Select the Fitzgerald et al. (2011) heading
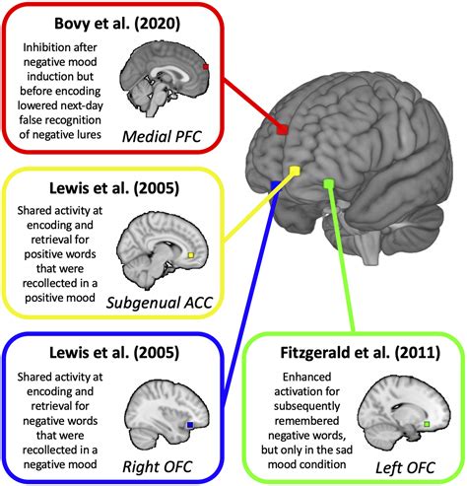356,354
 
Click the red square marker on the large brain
283,130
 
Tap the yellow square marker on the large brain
294,174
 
